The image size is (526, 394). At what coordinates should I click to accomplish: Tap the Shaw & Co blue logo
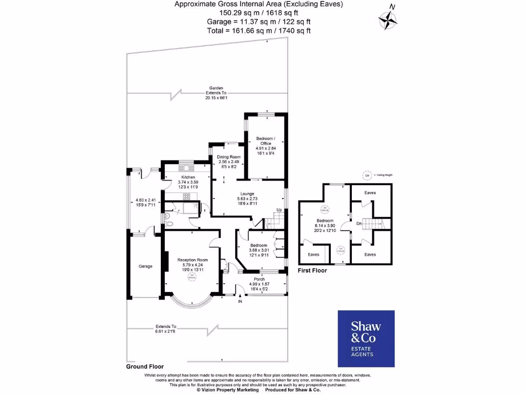(x=365, y=339)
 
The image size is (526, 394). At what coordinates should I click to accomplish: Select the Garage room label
(x=146, y=266)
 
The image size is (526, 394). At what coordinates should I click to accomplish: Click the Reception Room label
(x=193, y=260)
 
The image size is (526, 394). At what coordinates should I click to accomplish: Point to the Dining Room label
(x=228, y=156)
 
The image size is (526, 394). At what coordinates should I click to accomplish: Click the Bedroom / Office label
(x=266, y=139)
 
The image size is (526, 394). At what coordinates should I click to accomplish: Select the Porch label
(x=259, y=279)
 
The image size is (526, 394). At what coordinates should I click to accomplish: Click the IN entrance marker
(x=239, y=301)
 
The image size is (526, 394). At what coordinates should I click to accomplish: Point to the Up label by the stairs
(x=279, y=210)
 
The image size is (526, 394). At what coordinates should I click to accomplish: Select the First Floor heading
(x=313, y=269)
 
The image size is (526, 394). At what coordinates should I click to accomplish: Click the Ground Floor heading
(x=145, y=367)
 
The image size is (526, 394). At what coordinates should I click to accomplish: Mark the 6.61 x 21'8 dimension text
(x=165, y=331)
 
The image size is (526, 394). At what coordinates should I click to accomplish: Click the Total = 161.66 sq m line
(x=259, y=30)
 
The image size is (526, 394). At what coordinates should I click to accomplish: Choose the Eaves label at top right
(x=370, y=193)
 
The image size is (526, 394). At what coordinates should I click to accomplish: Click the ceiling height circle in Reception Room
(x=193, y=277)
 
